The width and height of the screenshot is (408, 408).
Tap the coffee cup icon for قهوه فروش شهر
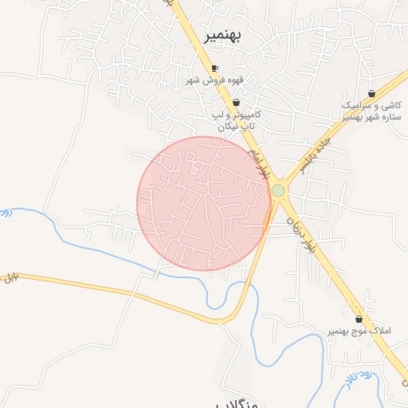214,68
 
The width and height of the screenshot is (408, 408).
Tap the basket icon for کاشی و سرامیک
371,93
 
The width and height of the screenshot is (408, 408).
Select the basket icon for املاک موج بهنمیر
359,319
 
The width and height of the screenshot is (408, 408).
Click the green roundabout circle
277,191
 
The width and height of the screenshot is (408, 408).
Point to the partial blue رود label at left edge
4,214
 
